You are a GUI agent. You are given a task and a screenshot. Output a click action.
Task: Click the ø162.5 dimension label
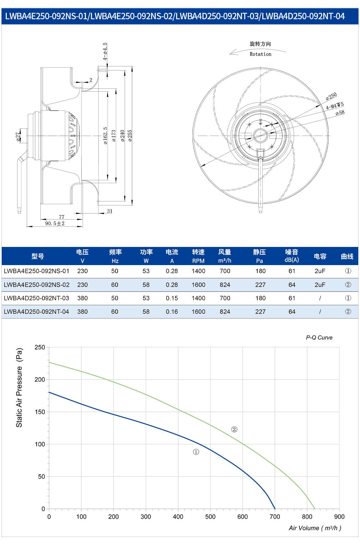[105, 135]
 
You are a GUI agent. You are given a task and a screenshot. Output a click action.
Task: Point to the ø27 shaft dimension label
[18, 137]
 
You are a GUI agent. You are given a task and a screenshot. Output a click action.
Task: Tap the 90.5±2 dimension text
[55, 223]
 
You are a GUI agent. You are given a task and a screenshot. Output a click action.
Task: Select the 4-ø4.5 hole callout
[105, 51]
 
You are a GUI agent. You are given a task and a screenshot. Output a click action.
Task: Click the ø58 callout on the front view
[340, 113]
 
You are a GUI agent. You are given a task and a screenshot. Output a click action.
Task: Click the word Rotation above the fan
[261, 54]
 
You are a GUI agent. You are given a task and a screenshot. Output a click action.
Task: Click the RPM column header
[198, 261]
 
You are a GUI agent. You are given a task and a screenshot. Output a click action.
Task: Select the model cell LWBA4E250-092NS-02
[37, 285]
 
